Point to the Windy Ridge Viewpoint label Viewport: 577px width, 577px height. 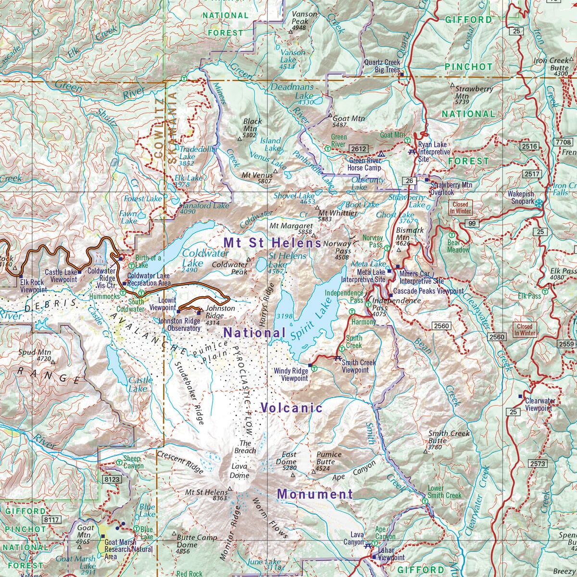(x=290, y=375)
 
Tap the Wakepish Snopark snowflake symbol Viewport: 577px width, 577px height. (x=538, y=203)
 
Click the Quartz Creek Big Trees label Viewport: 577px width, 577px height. (x=382, y=66)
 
